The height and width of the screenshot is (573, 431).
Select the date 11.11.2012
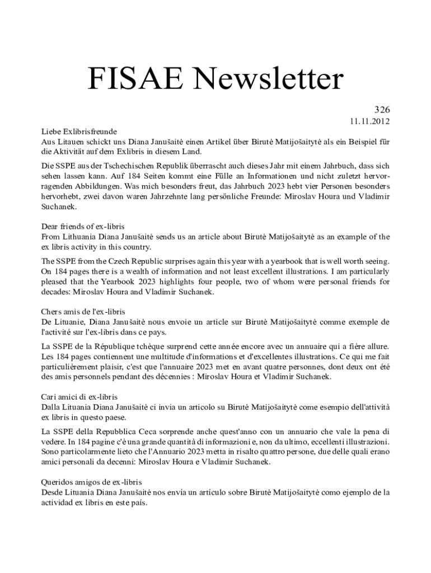[370, 121]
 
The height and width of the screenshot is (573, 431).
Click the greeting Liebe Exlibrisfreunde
[79, 132]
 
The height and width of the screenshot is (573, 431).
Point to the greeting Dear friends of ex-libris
[83, 227]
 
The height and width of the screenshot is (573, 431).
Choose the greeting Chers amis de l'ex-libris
[83, 311]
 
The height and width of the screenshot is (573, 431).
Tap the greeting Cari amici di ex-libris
[79, 396]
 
